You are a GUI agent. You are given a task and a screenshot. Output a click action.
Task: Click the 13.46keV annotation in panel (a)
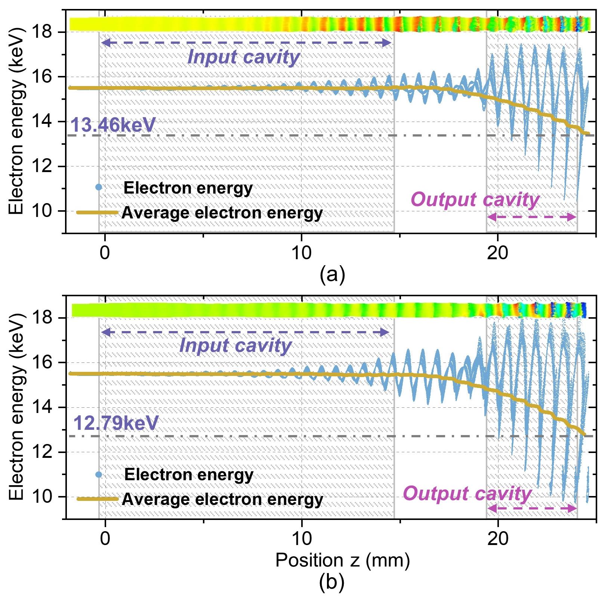click(112, 125)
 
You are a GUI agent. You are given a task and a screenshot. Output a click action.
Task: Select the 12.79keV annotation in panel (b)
click(116, 423)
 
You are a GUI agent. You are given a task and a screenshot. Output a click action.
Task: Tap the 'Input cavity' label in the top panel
click(243, 58)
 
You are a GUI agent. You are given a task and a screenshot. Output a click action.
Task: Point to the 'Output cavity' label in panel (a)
click(475, 200)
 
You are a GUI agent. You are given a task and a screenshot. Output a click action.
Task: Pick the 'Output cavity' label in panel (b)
click(467, 493)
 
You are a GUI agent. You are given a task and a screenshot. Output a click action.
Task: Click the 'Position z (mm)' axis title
click(342, 560)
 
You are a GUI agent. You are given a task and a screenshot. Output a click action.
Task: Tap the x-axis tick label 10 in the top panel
click(301, 253)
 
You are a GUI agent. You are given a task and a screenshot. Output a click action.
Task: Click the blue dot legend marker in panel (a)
click(99, 187)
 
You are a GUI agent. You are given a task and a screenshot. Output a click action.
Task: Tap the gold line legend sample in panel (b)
click(98, 499)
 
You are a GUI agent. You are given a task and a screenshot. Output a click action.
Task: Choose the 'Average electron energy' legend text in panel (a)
click(222, 213)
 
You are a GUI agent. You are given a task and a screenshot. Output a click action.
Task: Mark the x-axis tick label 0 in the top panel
click(105, 253)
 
